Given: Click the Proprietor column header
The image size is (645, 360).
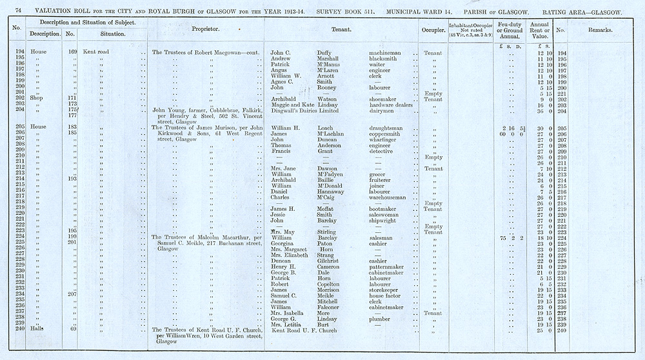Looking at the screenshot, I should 206,30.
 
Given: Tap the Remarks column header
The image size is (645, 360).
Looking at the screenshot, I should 602,30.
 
